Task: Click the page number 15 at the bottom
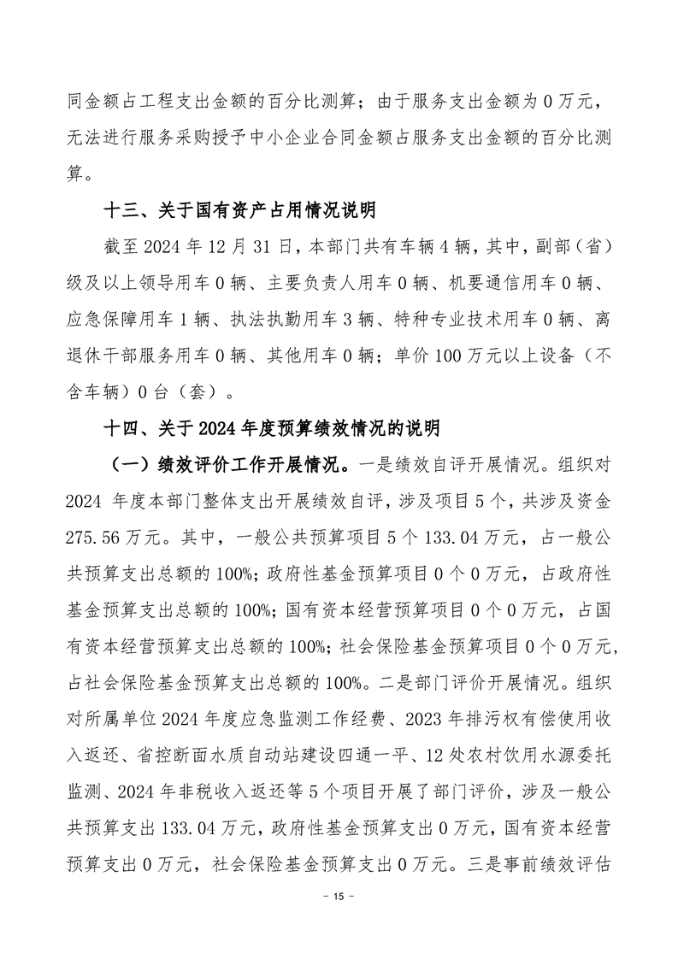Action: [339, 921]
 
